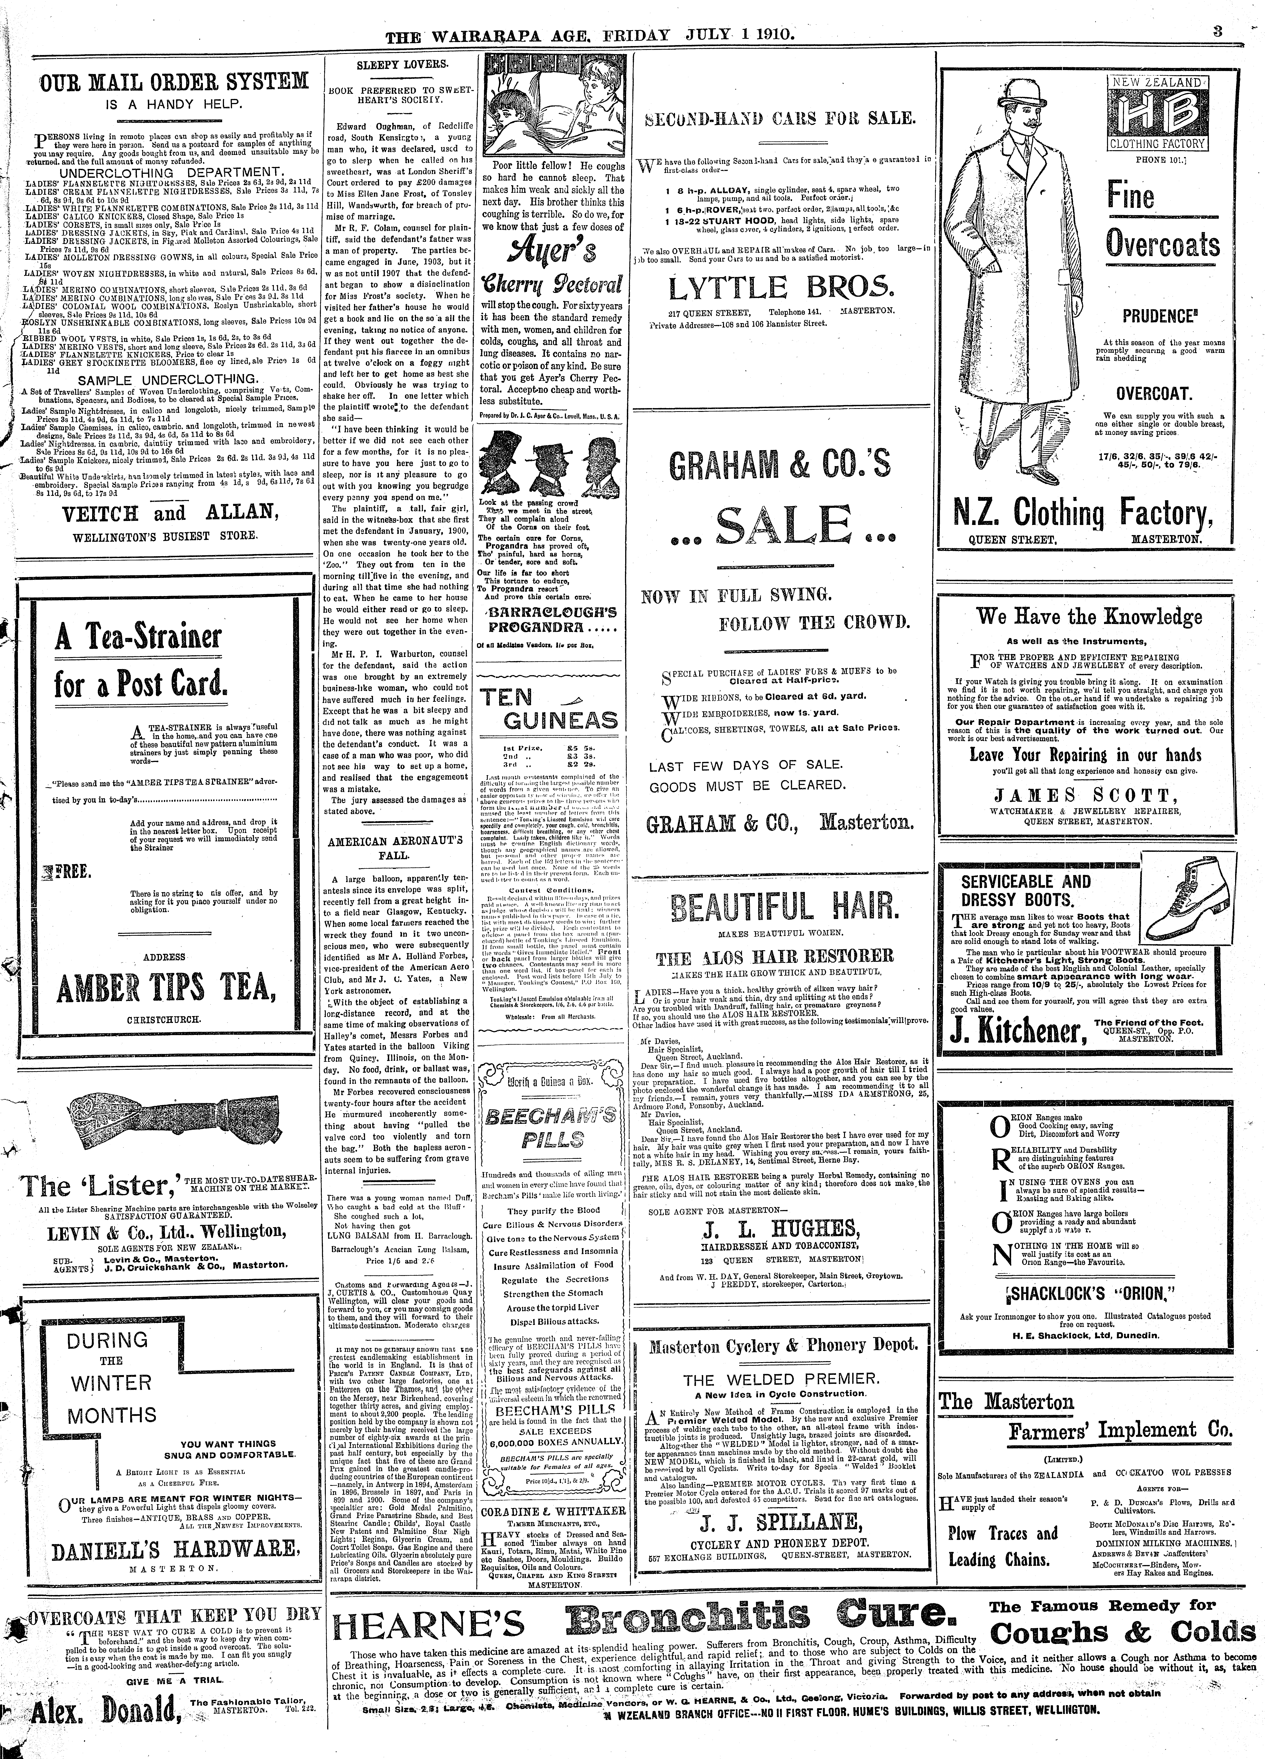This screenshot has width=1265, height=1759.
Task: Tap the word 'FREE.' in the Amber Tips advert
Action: [74, 873]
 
